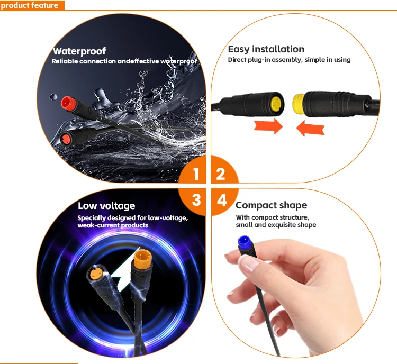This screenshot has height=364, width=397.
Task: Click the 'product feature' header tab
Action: (x=31, y=5)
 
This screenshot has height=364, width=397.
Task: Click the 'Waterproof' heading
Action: (x=79, y=51)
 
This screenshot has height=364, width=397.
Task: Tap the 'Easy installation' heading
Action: (x=266, y=49)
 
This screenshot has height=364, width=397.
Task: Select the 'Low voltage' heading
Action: (x=106, y=206)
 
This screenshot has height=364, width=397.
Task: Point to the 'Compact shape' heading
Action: (x=271, y=205)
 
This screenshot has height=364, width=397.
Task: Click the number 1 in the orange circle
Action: (x=196, y=174)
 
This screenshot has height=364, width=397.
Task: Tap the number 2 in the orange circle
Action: (x=221, y=174)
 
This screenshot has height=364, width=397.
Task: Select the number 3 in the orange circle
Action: (x=196, y=200)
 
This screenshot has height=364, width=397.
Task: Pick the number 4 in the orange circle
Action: (x=222, y=200)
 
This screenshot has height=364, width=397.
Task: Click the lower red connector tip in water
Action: (x=66, y=140)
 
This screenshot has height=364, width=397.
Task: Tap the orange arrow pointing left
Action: (x=311, y=128)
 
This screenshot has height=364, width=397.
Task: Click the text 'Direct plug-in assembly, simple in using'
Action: (x=289, y=60)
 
